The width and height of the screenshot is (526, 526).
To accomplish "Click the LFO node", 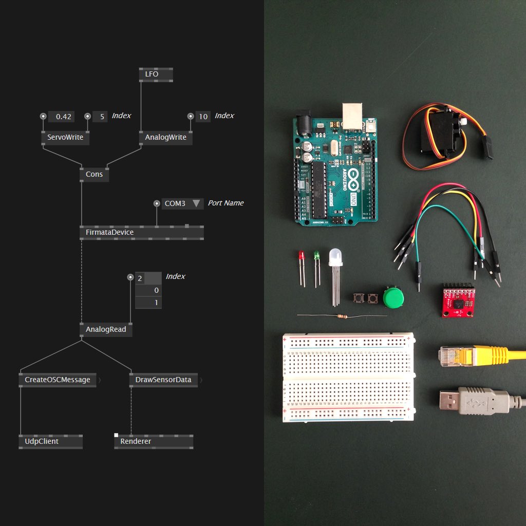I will click(x=156, y=74).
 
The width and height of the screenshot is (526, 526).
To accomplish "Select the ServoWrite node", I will click(x=65, y=138).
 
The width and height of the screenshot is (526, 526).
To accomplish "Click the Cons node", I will click(x=94, y=175).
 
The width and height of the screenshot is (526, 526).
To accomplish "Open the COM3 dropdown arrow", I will click(x=196, y=203).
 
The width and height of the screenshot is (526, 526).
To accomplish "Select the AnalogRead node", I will click(x=106, y=329).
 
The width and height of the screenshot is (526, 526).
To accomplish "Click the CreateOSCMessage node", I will click(x=58, y=380).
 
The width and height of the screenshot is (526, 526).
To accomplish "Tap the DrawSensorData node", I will click(x=163, y=380).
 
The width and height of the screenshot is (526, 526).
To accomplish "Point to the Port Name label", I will click(x=226, y=203).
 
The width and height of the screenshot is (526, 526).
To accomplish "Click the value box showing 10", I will click(x=203, y=117).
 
